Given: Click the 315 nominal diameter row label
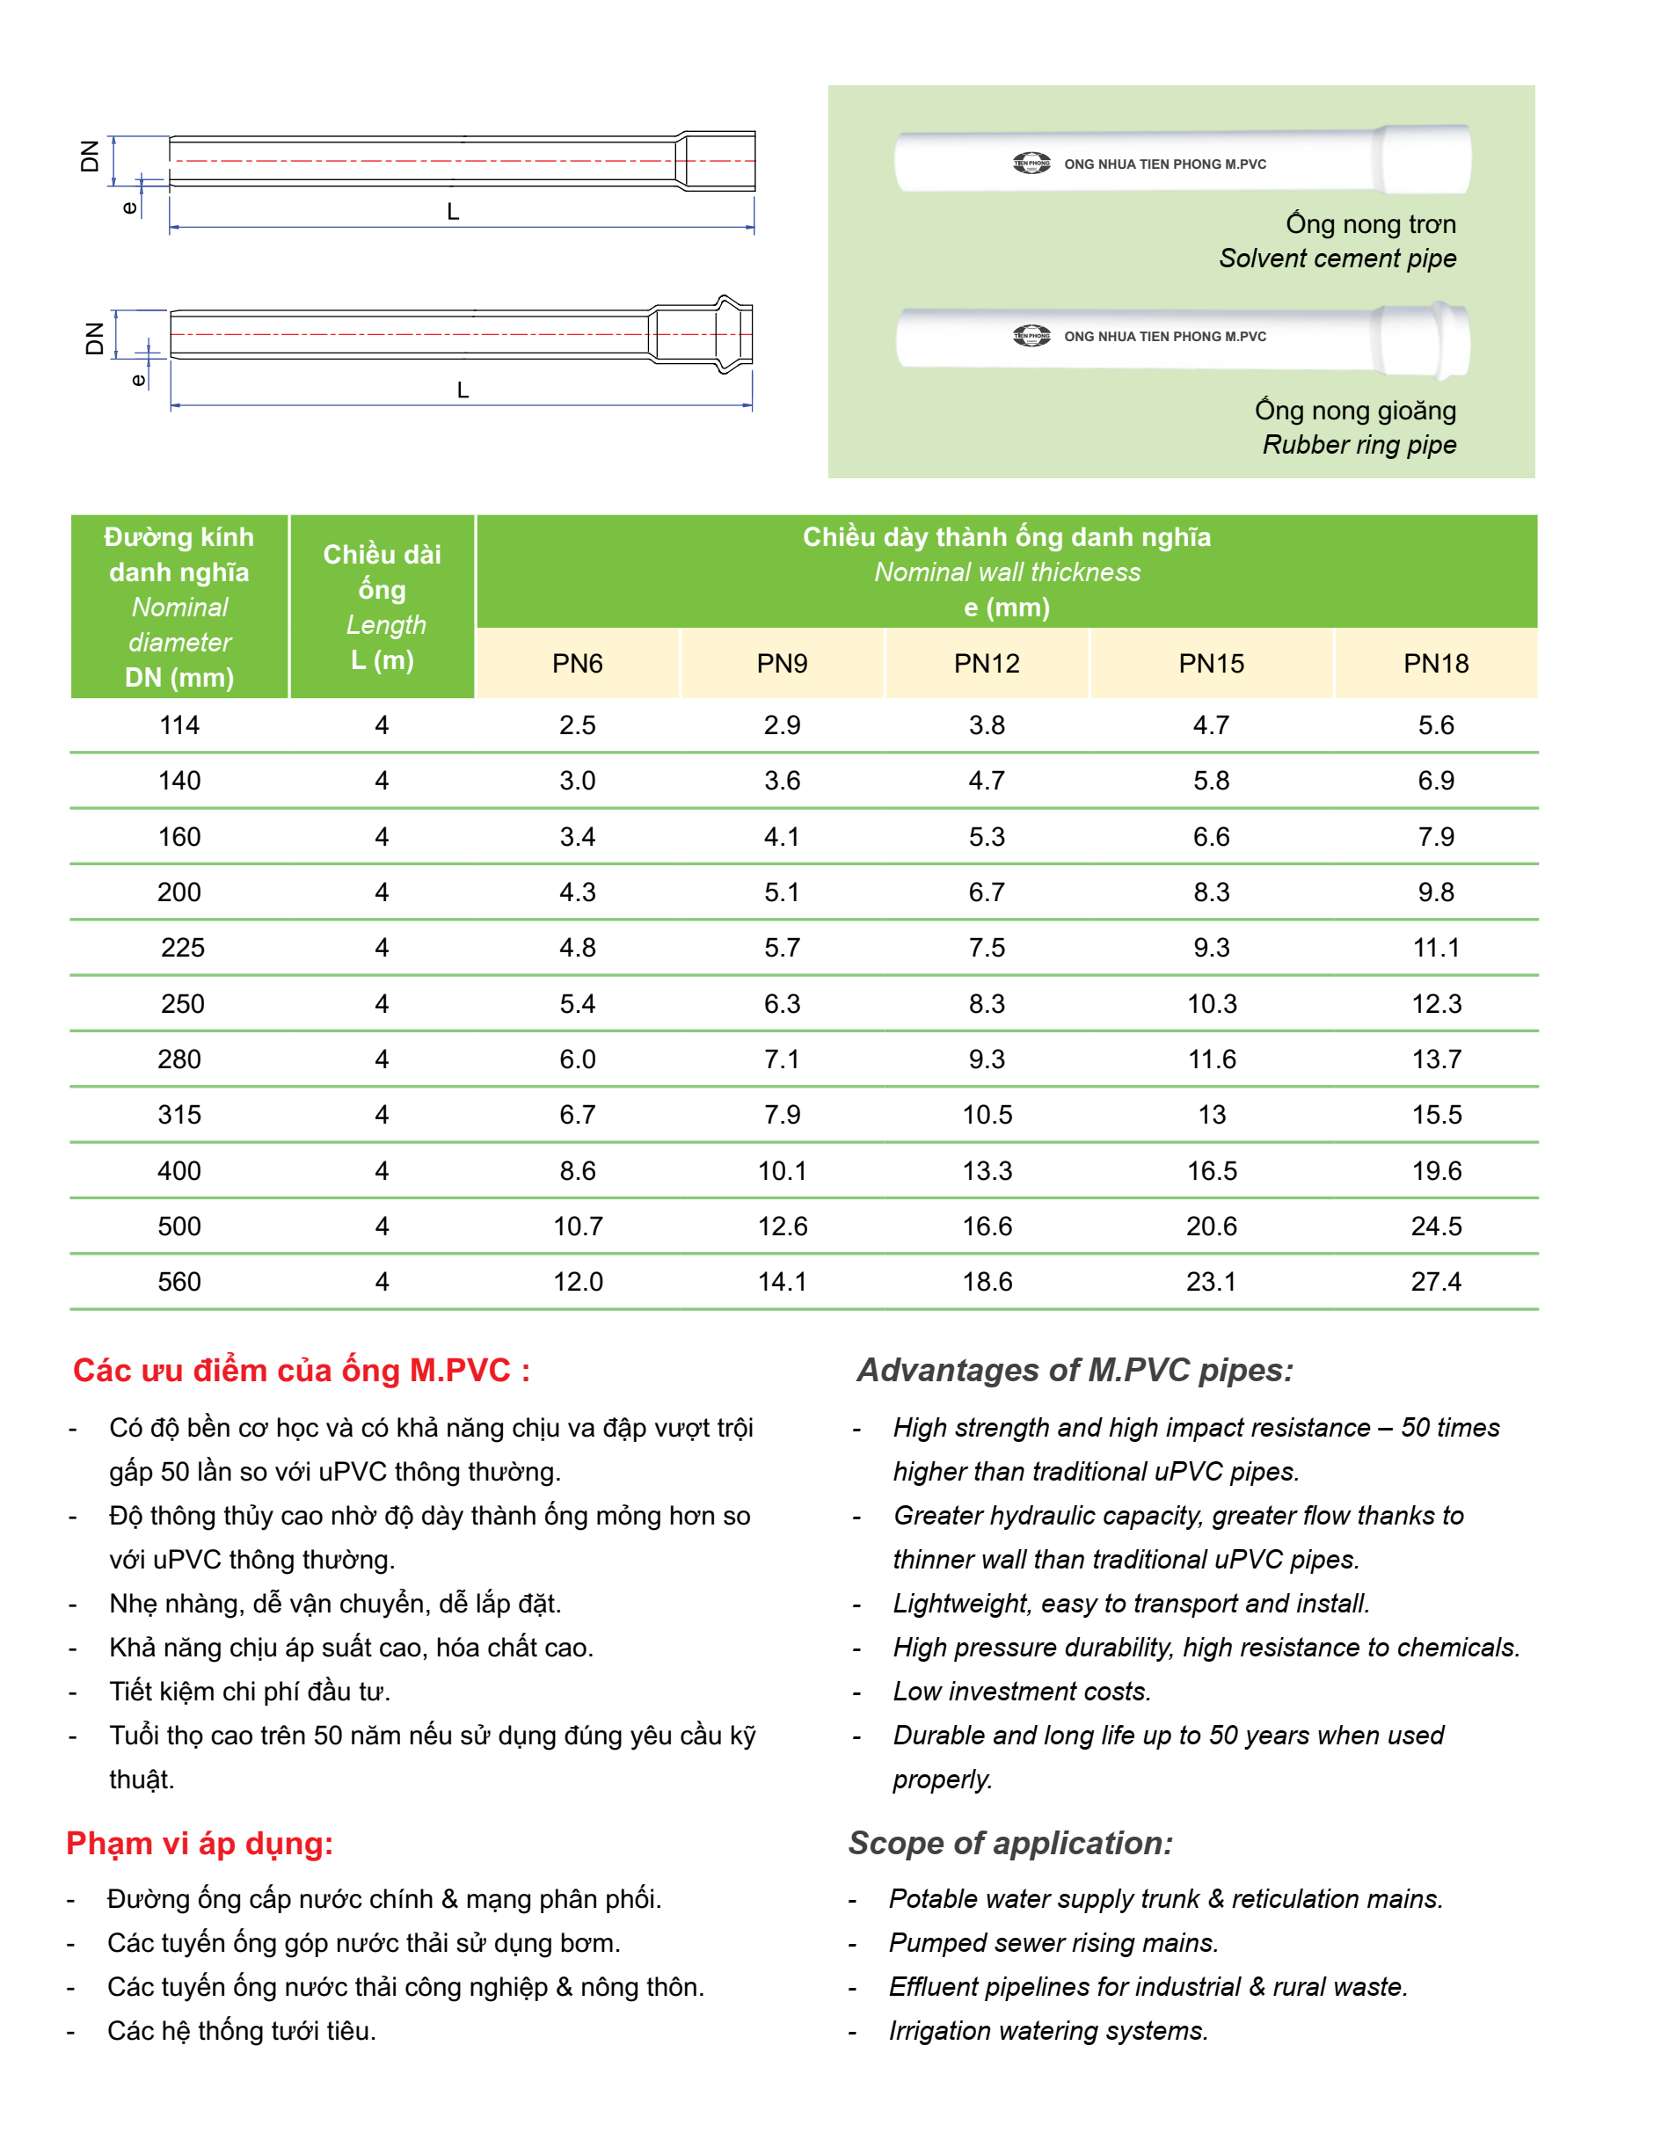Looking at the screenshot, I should click(179, 1115).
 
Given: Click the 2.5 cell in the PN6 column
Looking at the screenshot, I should click(577, 725).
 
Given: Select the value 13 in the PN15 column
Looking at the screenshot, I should click(1212, 1115).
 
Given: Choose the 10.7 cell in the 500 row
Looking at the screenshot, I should click(577, 1226).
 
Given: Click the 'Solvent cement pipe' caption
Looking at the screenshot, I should click(1337, 258).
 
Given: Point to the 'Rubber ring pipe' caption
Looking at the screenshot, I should click(1359, 445).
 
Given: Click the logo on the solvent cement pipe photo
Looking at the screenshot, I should click(1031, 163).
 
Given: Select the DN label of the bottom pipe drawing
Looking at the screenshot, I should click(94, 338).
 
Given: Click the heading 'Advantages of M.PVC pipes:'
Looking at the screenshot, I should click(1075, 1370).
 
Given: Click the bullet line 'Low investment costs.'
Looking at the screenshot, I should click(1022, 1692).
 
